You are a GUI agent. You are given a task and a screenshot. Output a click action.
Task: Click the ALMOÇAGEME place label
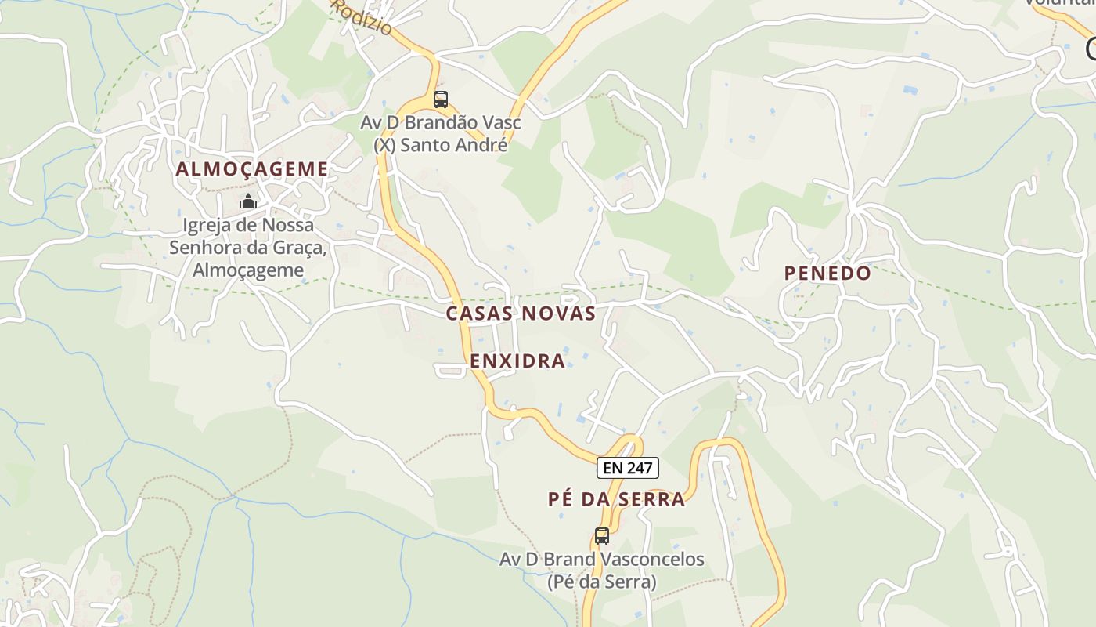pyautogui.click(x=251, y=169)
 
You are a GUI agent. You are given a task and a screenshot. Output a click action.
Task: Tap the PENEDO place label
pyautogui.click(x=827, y=273)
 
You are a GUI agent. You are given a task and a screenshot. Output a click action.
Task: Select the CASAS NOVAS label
pyautogui.click(x=521, y=313)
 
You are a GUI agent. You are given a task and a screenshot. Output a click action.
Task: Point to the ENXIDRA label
pyautogui.click(x=517, y=361)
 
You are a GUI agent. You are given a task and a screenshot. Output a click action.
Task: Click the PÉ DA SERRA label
pyautogui.click(x=616, y=499)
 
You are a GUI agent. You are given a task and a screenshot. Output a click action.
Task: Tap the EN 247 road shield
pyautogui.click(x=628, y=469)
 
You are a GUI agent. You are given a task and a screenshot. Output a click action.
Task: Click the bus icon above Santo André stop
pyautogui.click(x=441, y=100)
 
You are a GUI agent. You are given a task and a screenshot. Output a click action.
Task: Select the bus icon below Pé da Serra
pyautogui.click(x=601, y=536)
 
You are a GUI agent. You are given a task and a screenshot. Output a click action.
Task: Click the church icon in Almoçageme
pyautogui.click(x=248, y=201)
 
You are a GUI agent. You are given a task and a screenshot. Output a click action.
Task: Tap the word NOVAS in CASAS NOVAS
pyautogui.click(x=558, y=313)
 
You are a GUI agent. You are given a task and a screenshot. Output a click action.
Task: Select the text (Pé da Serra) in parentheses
pyautogui.click(x=601, y=582)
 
